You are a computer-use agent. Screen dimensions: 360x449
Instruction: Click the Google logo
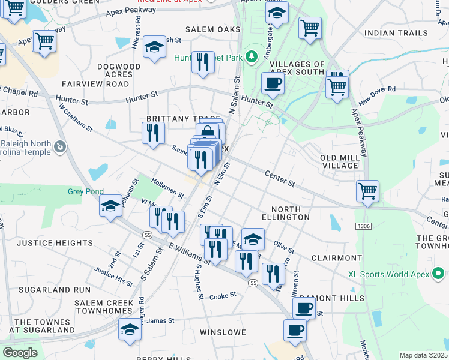pos(19,353)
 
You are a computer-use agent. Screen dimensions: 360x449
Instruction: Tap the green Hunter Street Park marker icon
pos(252,57)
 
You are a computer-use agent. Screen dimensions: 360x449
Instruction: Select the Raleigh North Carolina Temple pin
pos(60,146)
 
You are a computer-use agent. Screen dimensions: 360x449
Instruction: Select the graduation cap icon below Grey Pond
pos(110,206)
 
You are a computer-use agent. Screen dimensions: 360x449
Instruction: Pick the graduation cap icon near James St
pos(130,329)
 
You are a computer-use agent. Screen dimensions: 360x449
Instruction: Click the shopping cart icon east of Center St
pos(367,191)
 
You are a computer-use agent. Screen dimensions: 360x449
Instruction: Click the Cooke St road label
pos(223,296)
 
